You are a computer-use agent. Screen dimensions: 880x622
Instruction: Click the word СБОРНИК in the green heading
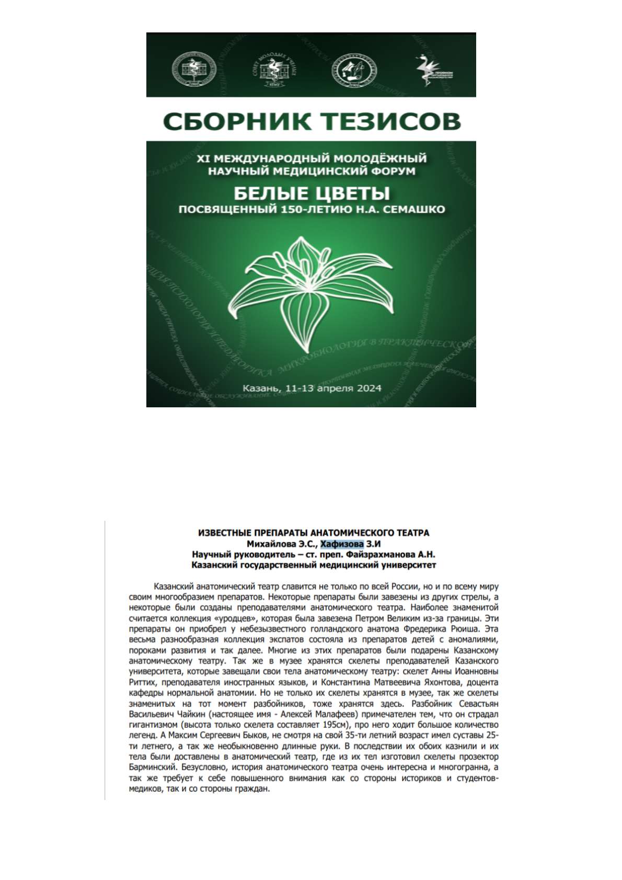coord(234,121)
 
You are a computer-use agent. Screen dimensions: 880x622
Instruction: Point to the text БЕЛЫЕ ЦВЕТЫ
coord(311,193)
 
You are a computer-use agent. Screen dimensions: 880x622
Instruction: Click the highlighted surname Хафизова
coord(342,544)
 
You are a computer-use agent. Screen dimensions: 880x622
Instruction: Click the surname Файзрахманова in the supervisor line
coord(387,554)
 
